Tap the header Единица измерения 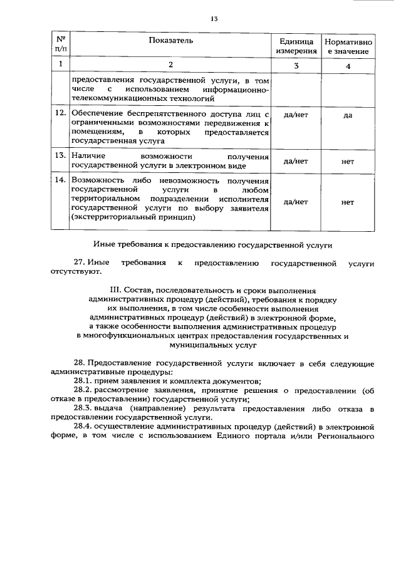[296, 45]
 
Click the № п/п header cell [61, 44]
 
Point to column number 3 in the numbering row [296, 66]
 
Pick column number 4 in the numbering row [348, 66]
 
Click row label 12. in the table [61, 113]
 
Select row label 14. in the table [61, 181]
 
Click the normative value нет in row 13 [348, 161]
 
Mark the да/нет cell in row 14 [296, 202]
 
